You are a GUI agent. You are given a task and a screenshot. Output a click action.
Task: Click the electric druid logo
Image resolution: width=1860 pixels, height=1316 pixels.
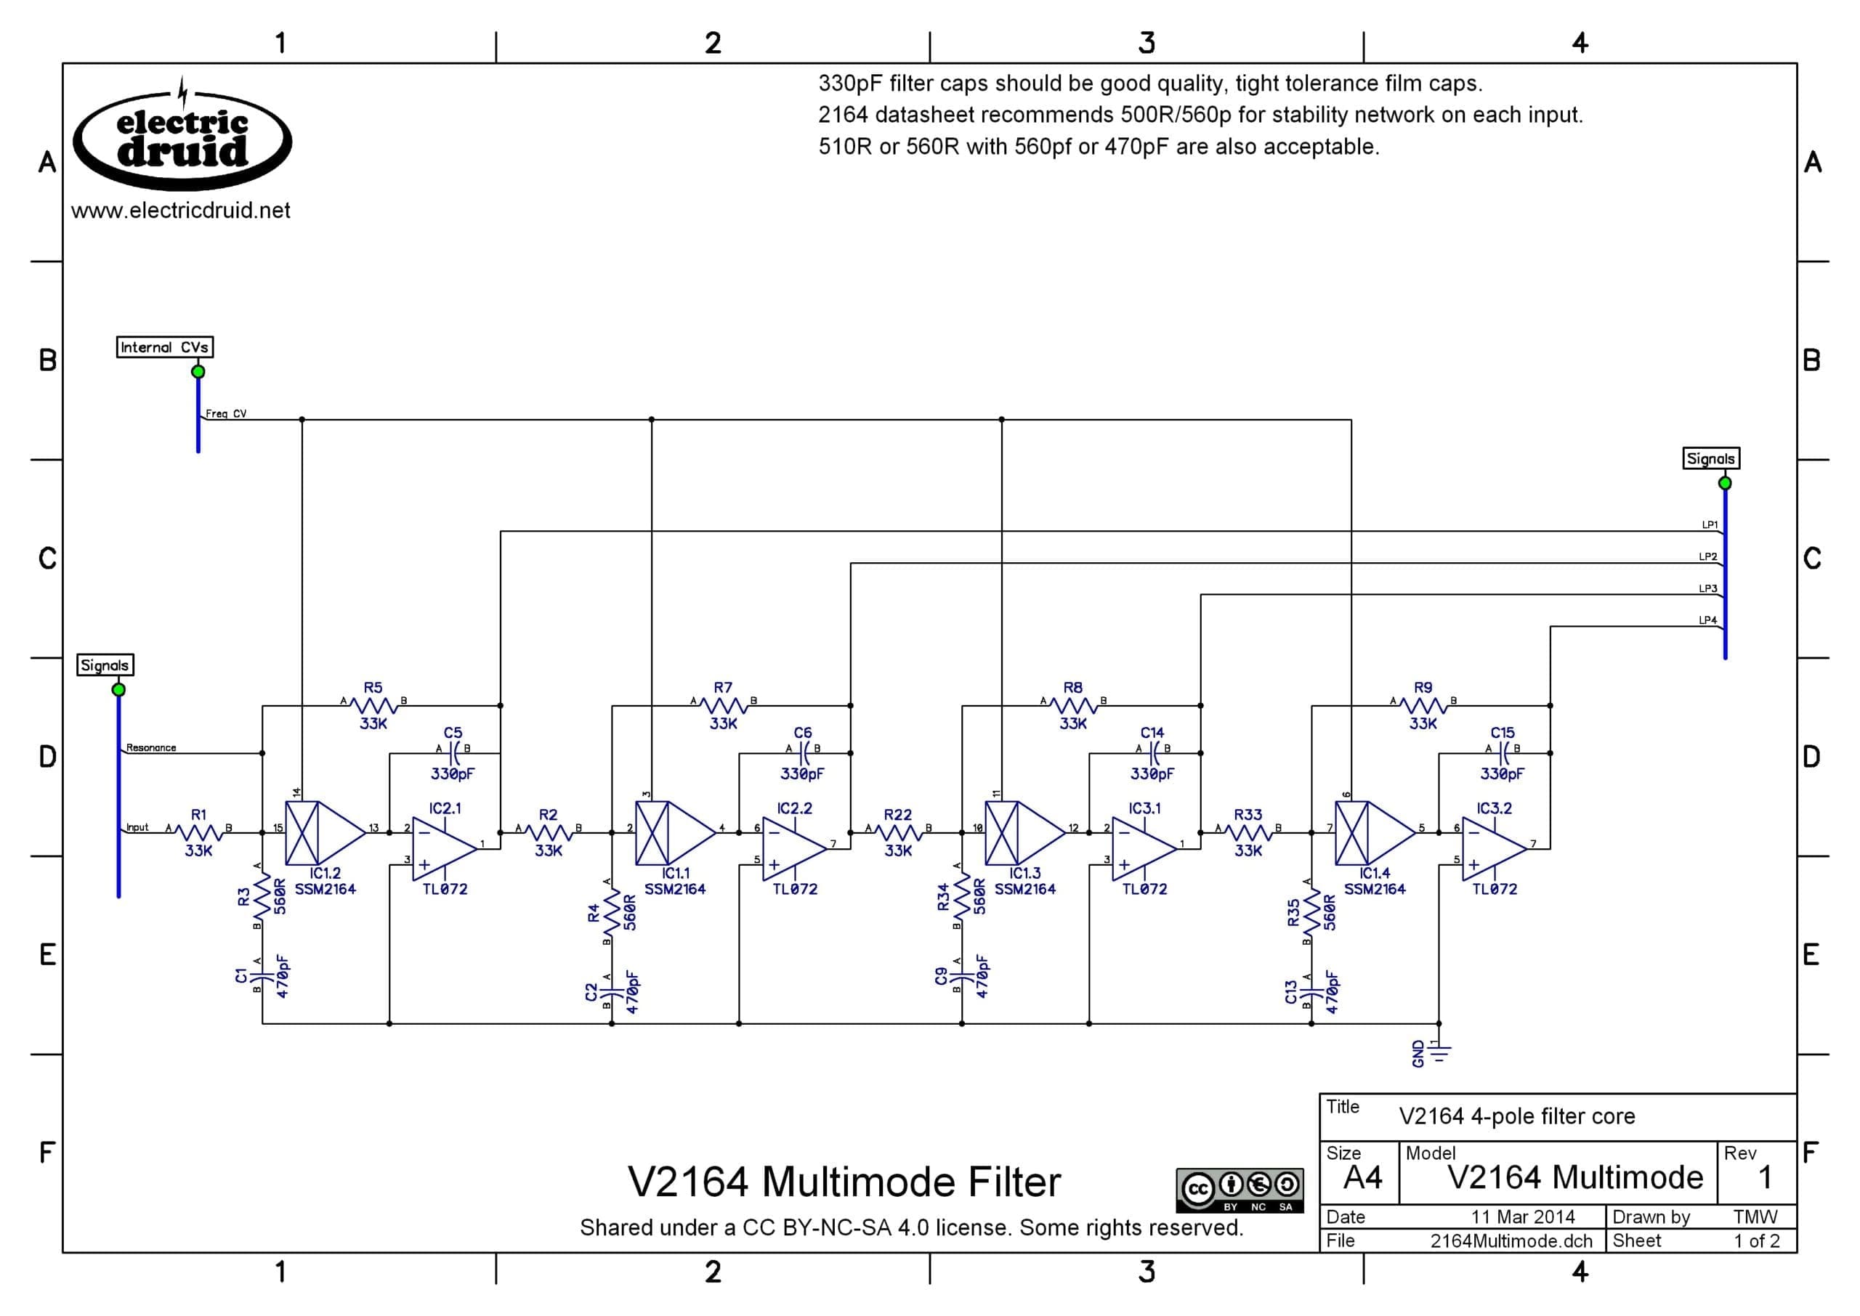pos(182,136)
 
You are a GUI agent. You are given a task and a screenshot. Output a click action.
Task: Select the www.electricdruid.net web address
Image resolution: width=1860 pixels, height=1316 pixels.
pos(181,211)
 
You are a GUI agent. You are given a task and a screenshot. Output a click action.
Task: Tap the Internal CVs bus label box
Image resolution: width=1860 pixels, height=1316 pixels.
pos(164,348)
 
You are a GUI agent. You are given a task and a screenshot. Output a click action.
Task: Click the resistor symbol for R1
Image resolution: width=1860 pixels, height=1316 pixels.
pos(198,832)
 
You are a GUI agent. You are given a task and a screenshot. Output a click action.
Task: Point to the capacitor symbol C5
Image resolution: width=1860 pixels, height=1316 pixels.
pos(454,753)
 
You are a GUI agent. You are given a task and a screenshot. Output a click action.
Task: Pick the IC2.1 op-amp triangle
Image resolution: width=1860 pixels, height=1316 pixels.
pos(445,848)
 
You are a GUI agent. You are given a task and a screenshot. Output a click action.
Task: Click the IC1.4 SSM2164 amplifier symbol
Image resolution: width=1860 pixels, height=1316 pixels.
pos(1375,832)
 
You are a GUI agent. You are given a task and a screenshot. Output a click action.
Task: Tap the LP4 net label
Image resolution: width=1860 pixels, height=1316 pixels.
pos(1707,620)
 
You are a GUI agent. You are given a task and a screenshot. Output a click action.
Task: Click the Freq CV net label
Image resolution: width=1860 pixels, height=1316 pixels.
pos(226,413)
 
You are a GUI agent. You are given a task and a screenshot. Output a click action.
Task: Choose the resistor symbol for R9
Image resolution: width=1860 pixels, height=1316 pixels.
pos(1423,706)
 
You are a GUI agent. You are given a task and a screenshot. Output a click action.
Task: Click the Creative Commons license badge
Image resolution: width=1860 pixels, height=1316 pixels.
pos(1240,1190)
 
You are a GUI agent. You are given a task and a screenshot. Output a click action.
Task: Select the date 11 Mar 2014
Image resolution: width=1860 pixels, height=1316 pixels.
pos(1523,1217)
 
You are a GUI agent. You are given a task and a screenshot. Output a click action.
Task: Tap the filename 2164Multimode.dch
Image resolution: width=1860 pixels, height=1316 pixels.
pos(1511,1241)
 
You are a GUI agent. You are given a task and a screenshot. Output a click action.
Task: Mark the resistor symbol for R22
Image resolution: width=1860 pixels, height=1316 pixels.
pos(898,832)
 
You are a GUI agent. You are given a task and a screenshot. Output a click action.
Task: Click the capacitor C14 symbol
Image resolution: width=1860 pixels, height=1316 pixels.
pos(1153,753)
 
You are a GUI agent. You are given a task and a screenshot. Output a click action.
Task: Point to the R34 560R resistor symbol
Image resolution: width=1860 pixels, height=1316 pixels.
pos(962,897)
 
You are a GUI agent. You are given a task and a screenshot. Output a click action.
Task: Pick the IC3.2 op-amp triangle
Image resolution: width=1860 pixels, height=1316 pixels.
pos(1495,848)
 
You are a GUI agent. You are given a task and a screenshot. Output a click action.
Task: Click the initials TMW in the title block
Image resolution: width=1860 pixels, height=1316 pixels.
pos(1755,1217)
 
